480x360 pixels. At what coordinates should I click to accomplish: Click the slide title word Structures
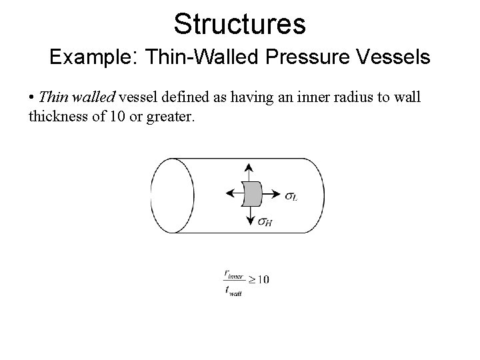(239, 23)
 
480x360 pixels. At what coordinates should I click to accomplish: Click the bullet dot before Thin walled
(33, 98)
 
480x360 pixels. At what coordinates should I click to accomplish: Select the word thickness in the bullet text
(57, 117)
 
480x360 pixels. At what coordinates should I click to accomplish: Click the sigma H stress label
(265, 223)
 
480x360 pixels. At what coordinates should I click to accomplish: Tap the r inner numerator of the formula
(233, 273)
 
